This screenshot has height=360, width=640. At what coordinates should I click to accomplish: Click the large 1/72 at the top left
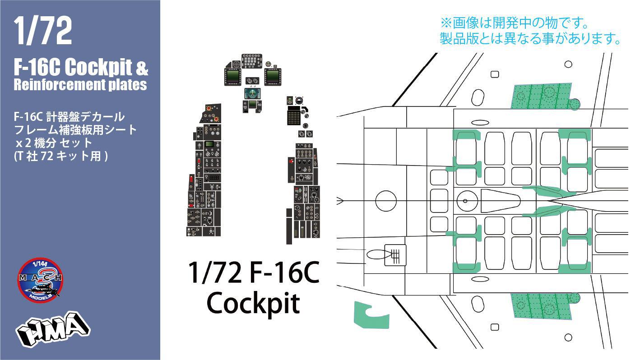(43, 32)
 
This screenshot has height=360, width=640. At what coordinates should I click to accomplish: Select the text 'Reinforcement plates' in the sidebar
(80, 85)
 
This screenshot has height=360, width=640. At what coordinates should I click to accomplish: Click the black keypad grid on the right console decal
(294, 117)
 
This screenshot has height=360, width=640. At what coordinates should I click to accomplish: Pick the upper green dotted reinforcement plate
(542, 96)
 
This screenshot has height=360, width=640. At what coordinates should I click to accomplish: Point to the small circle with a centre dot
(465, 201)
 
